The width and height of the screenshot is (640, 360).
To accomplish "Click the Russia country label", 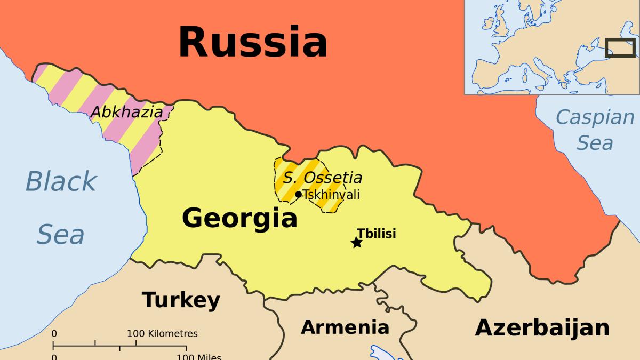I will tap(252, 42).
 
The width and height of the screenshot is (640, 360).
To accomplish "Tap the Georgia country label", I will tap(239, 218).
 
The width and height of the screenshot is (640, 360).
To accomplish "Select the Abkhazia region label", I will tap(126, 112).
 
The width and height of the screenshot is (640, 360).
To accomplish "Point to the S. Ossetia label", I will tap(322, 178).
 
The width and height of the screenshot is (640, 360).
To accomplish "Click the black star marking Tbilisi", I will tap(356, 243).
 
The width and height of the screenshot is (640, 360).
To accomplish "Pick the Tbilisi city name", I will tap(376, 233).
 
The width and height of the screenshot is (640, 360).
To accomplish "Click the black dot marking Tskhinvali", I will tap(298, 194).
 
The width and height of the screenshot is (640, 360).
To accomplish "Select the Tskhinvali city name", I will tap(331, 195).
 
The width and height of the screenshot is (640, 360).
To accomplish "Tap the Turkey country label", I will tap(181, 300).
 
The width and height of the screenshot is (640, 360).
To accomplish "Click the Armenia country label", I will tap(345, 326).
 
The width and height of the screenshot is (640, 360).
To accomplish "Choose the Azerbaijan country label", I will tap(542, 327).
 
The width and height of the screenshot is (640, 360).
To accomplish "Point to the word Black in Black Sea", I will tap(61, 181).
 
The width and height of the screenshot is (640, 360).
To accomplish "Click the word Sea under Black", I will tap(60, 235).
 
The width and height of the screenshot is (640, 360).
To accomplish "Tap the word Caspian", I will tap(595, 116).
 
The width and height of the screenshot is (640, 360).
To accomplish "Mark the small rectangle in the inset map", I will tap(620, 47).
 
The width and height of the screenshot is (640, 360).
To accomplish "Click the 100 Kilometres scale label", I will tap(162, 334).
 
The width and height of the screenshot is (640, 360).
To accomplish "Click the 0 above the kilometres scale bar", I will tap(54, 334).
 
